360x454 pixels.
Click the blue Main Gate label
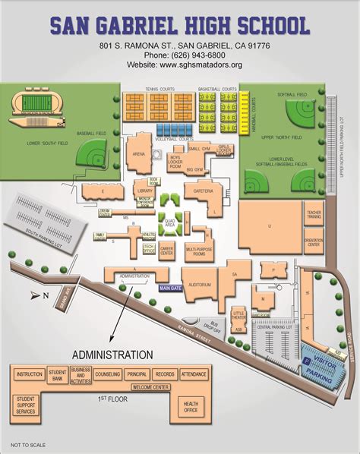click(172, 288)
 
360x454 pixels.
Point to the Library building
click(147, 191)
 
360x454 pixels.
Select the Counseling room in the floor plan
click(107, 374)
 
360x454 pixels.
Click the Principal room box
click(137, 374)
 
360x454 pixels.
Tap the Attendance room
click(194, 374)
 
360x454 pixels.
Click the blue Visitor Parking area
click(318, 356)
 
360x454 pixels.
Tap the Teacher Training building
click(314, 214)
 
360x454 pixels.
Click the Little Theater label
click(238, 314)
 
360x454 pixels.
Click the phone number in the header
click(181, 55)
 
